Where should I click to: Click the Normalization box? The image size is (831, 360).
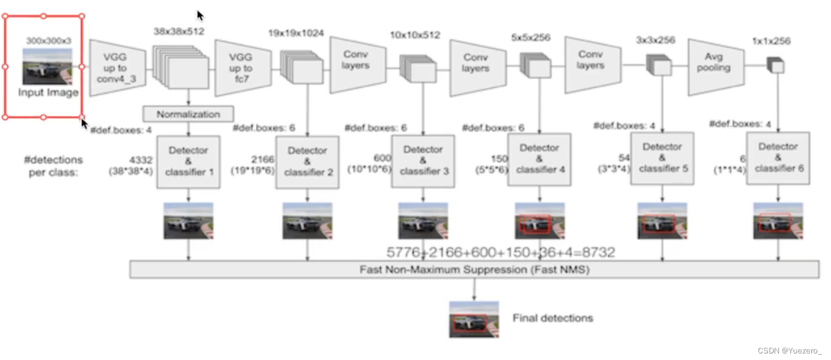188,114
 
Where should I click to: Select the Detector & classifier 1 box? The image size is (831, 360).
188,162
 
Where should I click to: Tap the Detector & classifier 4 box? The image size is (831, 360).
539,159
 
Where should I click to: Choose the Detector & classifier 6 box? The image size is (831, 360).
778,157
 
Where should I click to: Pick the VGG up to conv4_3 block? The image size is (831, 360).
118,68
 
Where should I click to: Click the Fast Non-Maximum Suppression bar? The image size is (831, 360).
474,269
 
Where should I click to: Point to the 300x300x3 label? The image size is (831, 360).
49,41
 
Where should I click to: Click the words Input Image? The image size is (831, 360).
48,92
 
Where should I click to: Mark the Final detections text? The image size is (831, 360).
552,318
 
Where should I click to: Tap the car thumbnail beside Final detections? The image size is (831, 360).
473,319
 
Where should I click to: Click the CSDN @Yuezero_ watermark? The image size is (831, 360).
790,350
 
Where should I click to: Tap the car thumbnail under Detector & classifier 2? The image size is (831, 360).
307,221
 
